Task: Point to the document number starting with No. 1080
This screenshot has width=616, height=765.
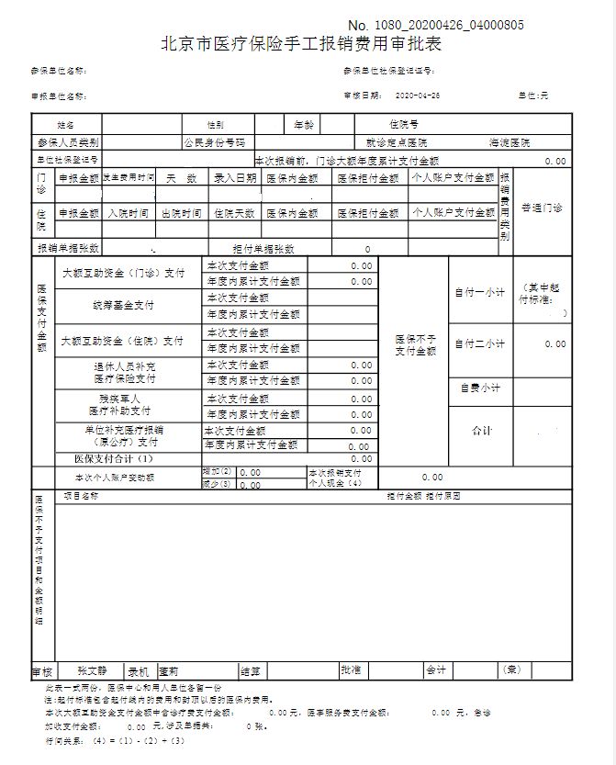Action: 436,24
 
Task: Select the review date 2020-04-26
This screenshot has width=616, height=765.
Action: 418,96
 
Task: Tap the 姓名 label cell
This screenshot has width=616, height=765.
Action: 65,124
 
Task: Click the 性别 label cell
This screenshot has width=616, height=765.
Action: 215,124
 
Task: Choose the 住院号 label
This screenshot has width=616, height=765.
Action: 404,124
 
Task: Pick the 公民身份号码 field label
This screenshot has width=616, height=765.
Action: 214,143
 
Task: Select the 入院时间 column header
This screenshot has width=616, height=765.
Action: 128,213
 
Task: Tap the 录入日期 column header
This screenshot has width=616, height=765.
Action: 235,178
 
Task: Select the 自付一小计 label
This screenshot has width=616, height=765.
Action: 479,293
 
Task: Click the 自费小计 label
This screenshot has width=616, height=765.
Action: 480,388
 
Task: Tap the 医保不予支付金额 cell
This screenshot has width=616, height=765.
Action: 415,344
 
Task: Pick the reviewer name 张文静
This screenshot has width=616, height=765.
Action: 92,670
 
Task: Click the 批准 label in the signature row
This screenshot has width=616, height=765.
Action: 350,670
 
